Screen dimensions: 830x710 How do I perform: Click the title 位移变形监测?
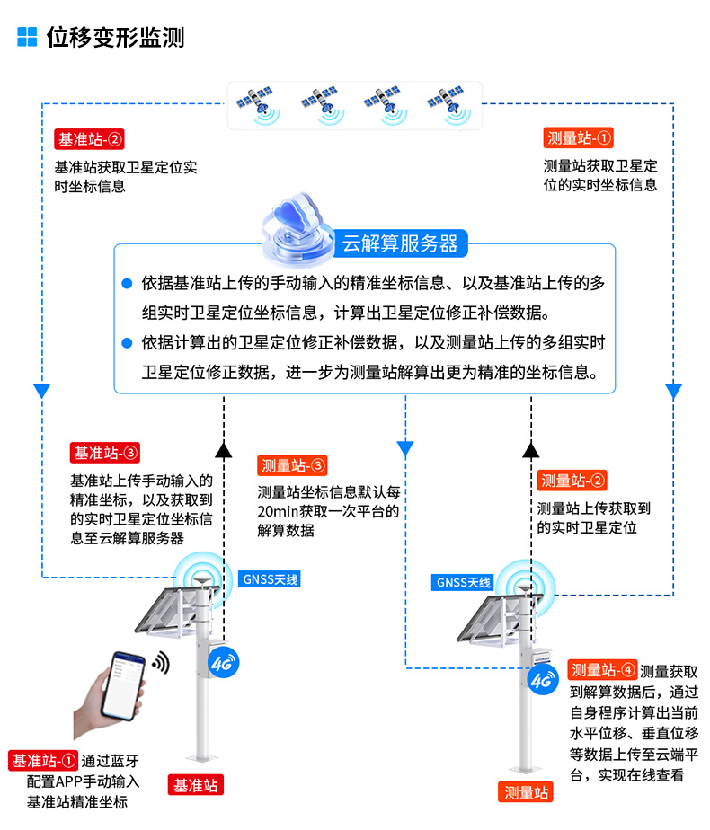click(x=115, y=38)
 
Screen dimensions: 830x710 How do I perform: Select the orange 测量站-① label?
click(x=579, y=138)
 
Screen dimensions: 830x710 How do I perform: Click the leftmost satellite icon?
click(x=255, y=103)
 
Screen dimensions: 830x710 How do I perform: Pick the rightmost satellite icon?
click(x=449, y=103)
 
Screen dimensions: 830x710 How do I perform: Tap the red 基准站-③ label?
click(x=104, y=453)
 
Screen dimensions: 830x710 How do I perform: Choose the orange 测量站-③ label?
click(x=291, y=465)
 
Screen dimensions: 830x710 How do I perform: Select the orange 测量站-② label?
click(x=572, y=481)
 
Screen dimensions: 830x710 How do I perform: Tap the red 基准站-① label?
click(x=44, y=761)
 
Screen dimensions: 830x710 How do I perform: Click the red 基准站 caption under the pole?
click(x=196, y=784)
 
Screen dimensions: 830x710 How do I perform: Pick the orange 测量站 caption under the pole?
click(x=526, y=792)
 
